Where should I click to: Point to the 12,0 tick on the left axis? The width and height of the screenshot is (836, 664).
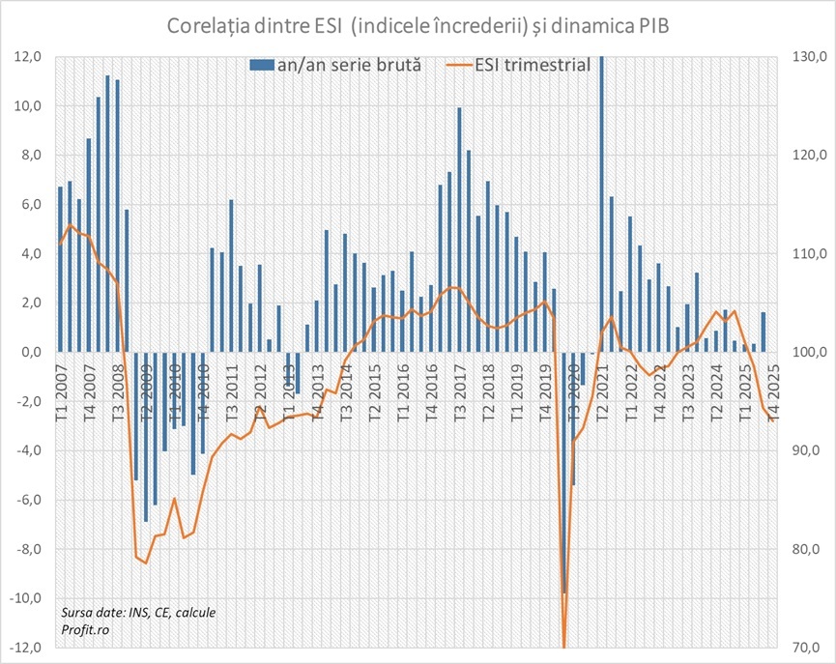pos(27,57)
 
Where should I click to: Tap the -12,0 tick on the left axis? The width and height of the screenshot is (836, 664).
pos(25,648)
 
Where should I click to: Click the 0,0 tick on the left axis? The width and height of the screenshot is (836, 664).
pos(31,353)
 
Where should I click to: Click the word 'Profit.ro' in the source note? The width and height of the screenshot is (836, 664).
pos(85,629)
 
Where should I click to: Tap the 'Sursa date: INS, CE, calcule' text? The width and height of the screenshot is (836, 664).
pos(138,613)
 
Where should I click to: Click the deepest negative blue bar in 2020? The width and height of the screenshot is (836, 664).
pos(564,474)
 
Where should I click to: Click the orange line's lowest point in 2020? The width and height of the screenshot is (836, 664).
pos(564,646)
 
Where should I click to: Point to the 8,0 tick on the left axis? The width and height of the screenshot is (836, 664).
pos(31,156)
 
